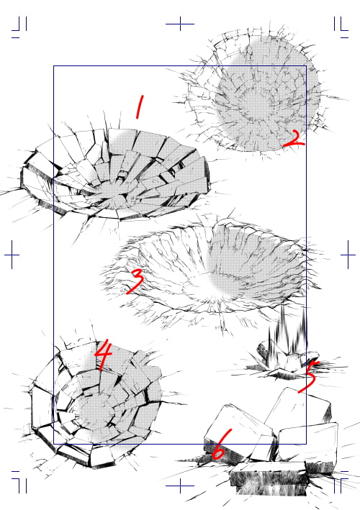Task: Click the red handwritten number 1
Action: click(140, 106)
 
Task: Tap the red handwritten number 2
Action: click(294, 140)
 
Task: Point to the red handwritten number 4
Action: click(104, 355)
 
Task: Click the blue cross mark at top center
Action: click(180, 24)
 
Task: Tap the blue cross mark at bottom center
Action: click(180, 486)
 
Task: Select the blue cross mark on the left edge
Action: click(12, 255)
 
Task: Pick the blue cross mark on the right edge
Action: click(348, 255)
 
